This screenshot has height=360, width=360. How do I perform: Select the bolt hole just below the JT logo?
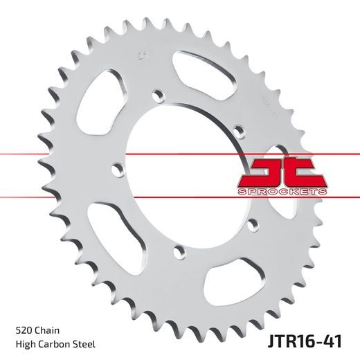[x=253, y=223]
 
